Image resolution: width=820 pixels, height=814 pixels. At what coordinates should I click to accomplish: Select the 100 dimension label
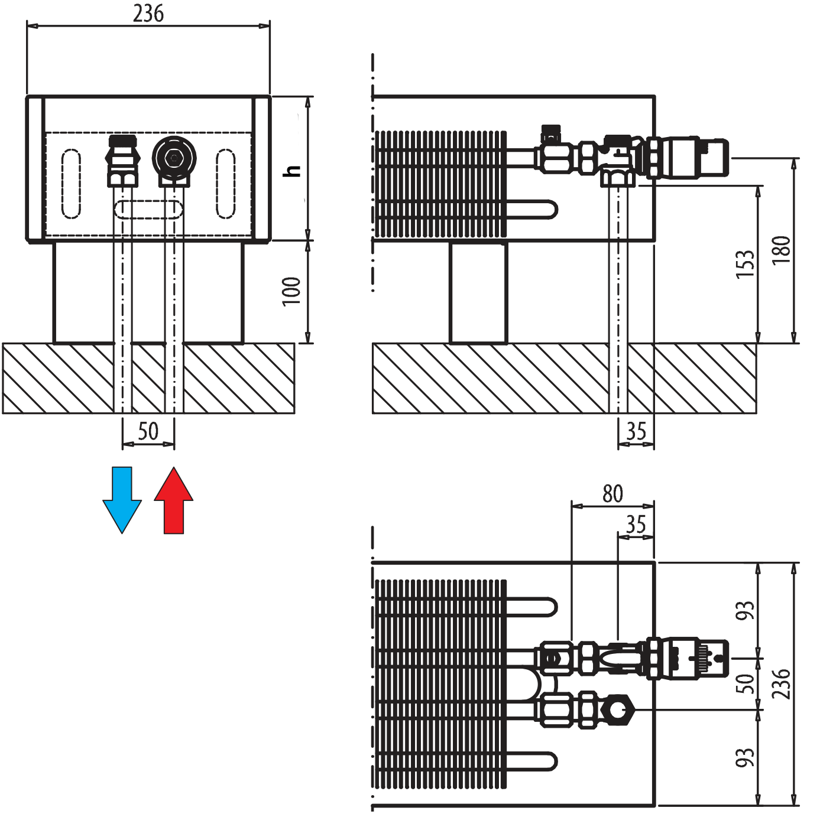290,291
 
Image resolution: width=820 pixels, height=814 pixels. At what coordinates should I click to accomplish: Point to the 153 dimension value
744,263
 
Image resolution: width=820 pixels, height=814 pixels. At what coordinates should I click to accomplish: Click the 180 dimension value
780,250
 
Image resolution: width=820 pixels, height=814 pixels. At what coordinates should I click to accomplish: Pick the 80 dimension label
612,493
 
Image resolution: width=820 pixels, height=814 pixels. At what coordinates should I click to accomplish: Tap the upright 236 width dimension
148,13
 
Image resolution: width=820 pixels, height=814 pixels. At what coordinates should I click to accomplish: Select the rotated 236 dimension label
780,684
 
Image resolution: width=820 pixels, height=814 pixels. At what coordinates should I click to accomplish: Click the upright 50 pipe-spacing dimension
148,431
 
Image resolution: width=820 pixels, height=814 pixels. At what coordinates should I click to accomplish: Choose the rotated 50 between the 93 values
744,684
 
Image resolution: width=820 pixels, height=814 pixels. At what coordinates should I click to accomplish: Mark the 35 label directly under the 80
636,524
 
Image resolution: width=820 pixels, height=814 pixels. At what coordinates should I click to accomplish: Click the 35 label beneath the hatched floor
636,431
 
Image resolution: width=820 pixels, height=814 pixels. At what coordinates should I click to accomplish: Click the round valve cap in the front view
174,158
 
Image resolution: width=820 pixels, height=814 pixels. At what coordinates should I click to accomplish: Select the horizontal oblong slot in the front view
149,209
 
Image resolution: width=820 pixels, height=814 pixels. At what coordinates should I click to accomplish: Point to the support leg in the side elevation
478,292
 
